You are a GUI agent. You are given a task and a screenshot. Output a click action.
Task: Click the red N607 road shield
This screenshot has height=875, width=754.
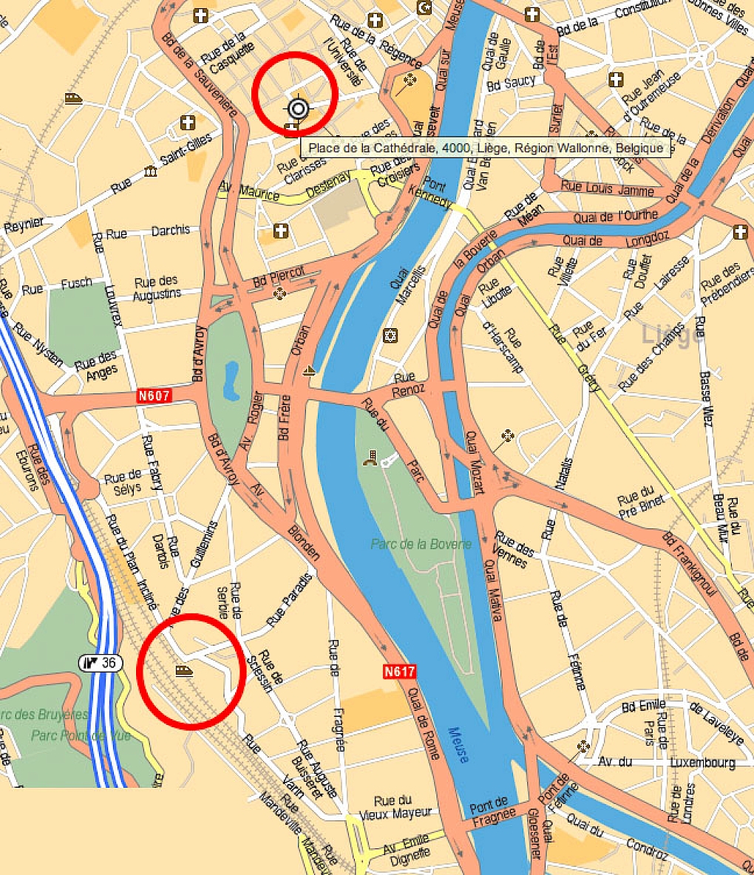pyautogui.click(x=154, y=396)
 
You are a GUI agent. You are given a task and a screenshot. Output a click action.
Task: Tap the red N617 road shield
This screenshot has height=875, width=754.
pyautogui.click(x=399, y=672)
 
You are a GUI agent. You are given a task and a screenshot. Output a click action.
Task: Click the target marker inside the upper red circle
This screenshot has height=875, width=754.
pyautogui.click(x=297, y=109)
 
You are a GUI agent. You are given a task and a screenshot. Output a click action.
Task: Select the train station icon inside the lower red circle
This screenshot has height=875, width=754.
pyautogui.click(x=183, y=670)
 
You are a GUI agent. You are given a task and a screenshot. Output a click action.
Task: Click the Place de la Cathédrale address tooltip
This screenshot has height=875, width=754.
pyautogui.click(x=486, y=148)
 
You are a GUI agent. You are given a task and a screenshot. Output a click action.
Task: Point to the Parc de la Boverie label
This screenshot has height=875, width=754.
pyautogui.click(x=421, y=545)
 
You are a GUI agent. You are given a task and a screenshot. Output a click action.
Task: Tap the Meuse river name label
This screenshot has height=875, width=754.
pyautogui.click(x=458, y=744)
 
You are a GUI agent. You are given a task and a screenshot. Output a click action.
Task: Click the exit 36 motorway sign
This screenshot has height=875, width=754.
pyautogui.click(x=101, y=663)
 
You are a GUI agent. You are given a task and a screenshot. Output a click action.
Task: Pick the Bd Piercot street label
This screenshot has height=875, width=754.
pyautogui.click(x=279, y=276)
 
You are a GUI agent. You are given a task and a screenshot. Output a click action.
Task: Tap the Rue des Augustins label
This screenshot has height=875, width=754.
pyautogui.click(x=157, y=287)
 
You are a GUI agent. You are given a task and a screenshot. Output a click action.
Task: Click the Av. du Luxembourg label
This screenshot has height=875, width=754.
pyautogui.click(x=667, y=762)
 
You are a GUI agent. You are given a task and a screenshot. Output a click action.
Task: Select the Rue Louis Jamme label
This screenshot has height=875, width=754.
pyautogui.click(x=607, y=188)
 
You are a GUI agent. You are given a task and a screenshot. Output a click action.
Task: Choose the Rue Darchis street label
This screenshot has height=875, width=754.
pyautogui.click(x=148, y=232)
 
